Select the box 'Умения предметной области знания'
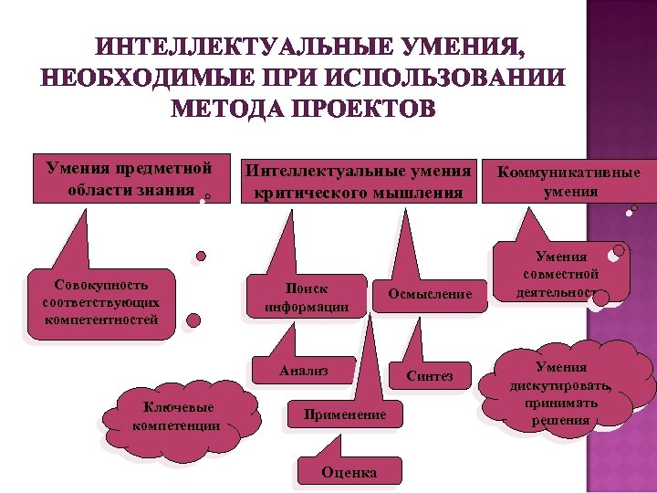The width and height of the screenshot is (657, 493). tap(129, 179)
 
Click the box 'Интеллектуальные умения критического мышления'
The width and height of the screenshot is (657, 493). tap(357, 181)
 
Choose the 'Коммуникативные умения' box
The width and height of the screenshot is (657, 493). tap(570, 182)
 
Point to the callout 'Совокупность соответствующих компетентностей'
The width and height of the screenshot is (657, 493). tap(100, 303)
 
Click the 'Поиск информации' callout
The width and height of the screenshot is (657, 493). tap(306, 298)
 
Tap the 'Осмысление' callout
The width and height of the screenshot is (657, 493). tap(430, 294)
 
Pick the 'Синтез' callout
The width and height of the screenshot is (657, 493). tap(429, 376)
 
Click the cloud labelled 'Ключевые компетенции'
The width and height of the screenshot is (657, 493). tap(175, 417)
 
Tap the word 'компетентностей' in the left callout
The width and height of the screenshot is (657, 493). tap(100, 320)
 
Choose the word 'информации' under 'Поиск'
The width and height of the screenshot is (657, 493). tap(307, 307)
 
